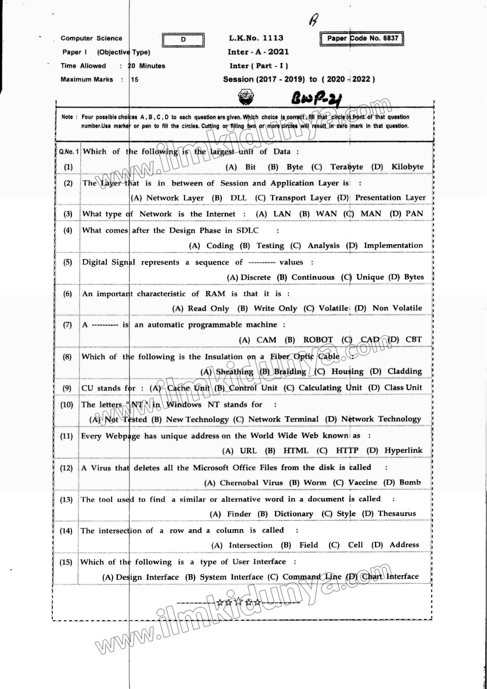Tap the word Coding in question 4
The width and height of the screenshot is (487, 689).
(220, 246)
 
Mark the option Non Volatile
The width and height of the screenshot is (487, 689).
(397, 308)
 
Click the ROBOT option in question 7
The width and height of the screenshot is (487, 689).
(318, 340)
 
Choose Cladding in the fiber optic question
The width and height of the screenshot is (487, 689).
(404, 372)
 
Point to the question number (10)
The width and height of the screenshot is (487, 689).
(67, 405)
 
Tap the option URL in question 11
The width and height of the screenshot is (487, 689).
(248, 451)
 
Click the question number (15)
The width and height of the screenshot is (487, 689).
(66, 562)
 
